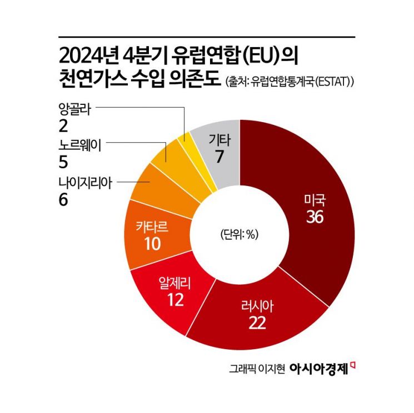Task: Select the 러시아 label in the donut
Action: (x=258, y=305)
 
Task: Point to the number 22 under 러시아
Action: (x=258, y=323)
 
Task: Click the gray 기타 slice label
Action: (x=220, y=141)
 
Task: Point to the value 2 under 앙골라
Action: (x=63, y=125)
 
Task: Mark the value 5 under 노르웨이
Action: (x=63, y=162)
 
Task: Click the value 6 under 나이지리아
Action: (x=63, y=199)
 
